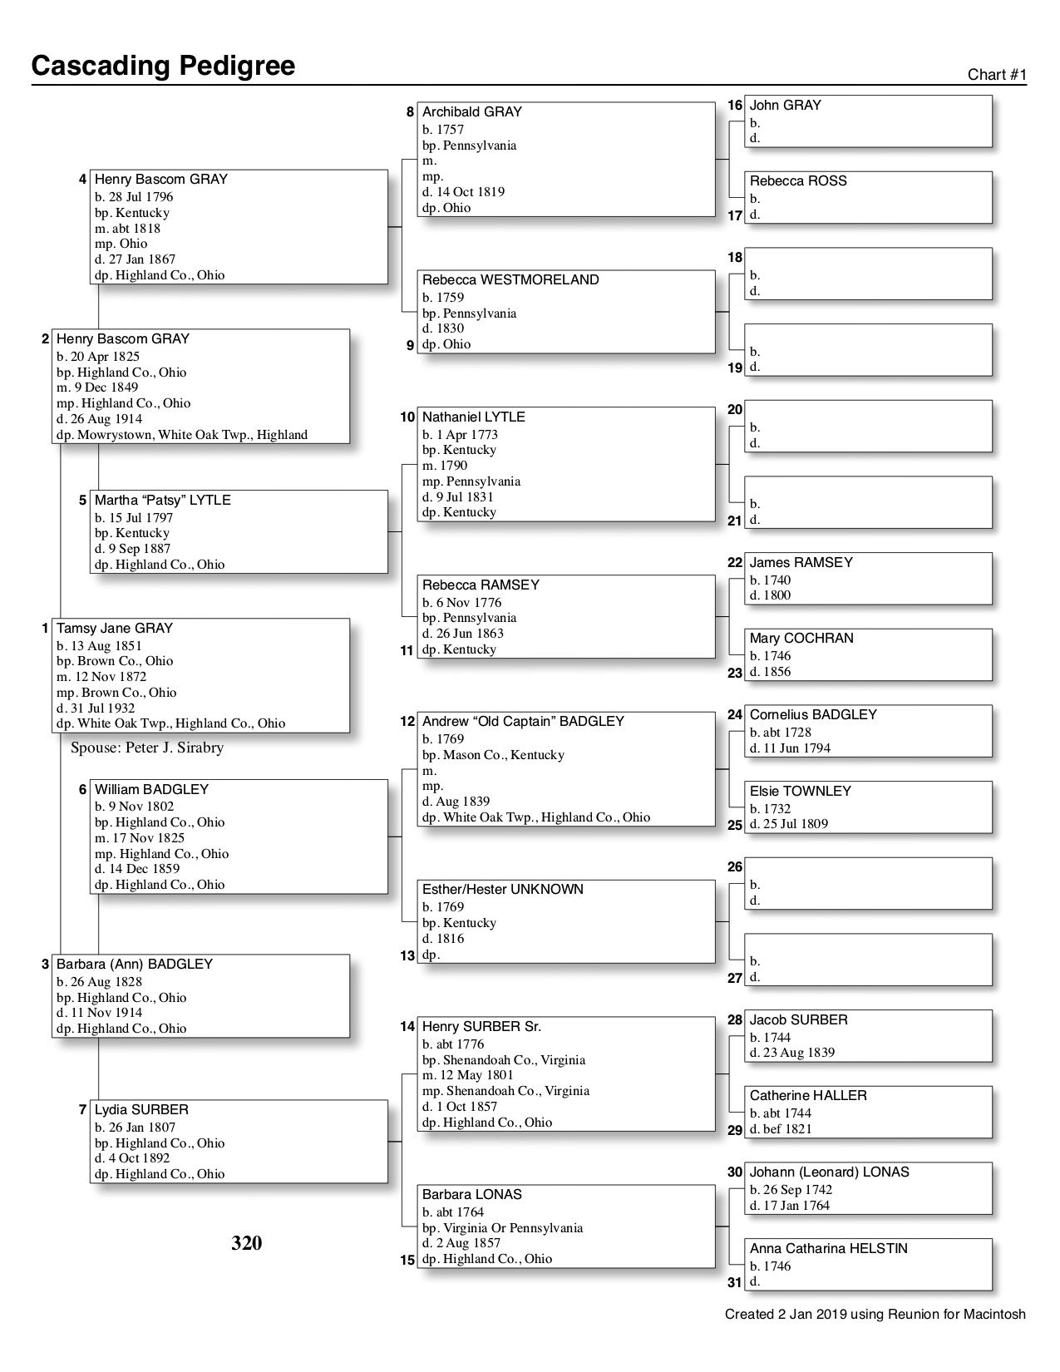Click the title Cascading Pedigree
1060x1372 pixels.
click(x=163, y=66)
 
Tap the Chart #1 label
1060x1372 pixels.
click(x=997, y=75)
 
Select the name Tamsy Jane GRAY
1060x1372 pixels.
click(x=115, y=629)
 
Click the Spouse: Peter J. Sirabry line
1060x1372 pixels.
click(x=147, y=748)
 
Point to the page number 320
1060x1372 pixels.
click(x=246, y=1243)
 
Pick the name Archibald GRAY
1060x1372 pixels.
click(x=472, y=112)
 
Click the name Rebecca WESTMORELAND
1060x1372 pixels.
click(x=510, y=280)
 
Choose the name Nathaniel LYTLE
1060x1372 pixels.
click(x=474, y=417)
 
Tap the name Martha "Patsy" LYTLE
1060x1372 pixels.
click(x=163, y=501)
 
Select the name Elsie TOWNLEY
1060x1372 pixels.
click(x=801, y=792)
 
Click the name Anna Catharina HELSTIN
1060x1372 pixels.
click(x=829, y=1249)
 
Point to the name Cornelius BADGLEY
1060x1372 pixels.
click(x=813, y=715)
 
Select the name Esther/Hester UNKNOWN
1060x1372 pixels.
click(x=503, y=890)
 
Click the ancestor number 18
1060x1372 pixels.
click(x=735, y=258)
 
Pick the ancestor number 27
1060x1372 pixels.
click(x=735, y=978)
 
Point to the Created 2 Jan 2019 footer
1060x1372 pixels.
click(x=875, y=1315)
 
